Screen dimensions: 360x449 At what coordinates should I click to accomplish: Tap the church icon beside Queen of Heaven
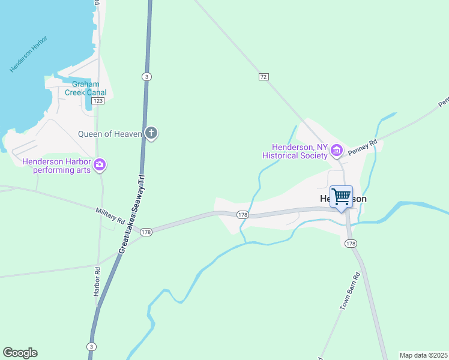(151, 133)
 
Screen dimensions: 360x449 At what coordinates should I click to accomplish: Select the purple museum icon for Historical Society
(337, 150)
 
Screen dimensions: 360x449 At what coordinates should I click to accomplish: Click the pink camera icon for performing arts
(100, 164)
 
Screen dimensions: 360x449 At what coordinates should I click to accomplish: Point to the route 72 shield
(264, 77)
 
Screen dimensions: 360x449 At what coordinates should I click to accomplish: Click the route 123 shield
(98, 101)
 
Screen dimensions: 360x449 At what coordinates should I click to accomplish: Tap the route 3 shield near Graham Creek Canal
(146, 76)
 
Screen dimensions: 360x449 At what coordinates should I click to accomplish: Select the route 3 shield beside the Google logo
(91, 347)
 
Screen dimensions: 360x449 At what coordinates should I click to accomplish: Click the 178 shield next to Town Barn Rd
(351, 243)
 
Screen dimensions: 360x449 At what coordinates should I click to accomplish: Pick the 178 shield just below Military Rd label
(146, 232)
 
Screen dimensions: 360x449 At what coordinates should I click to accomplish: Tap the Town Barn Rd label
(349, 291)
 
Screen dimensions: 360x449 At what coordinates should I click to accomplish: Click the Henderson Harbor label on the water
(28, 55)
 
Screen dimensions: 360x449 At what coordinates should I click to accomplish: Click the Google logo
(20, 353)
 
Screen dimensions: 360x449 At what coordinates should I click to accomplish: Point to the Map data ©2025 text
(424, 355)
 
